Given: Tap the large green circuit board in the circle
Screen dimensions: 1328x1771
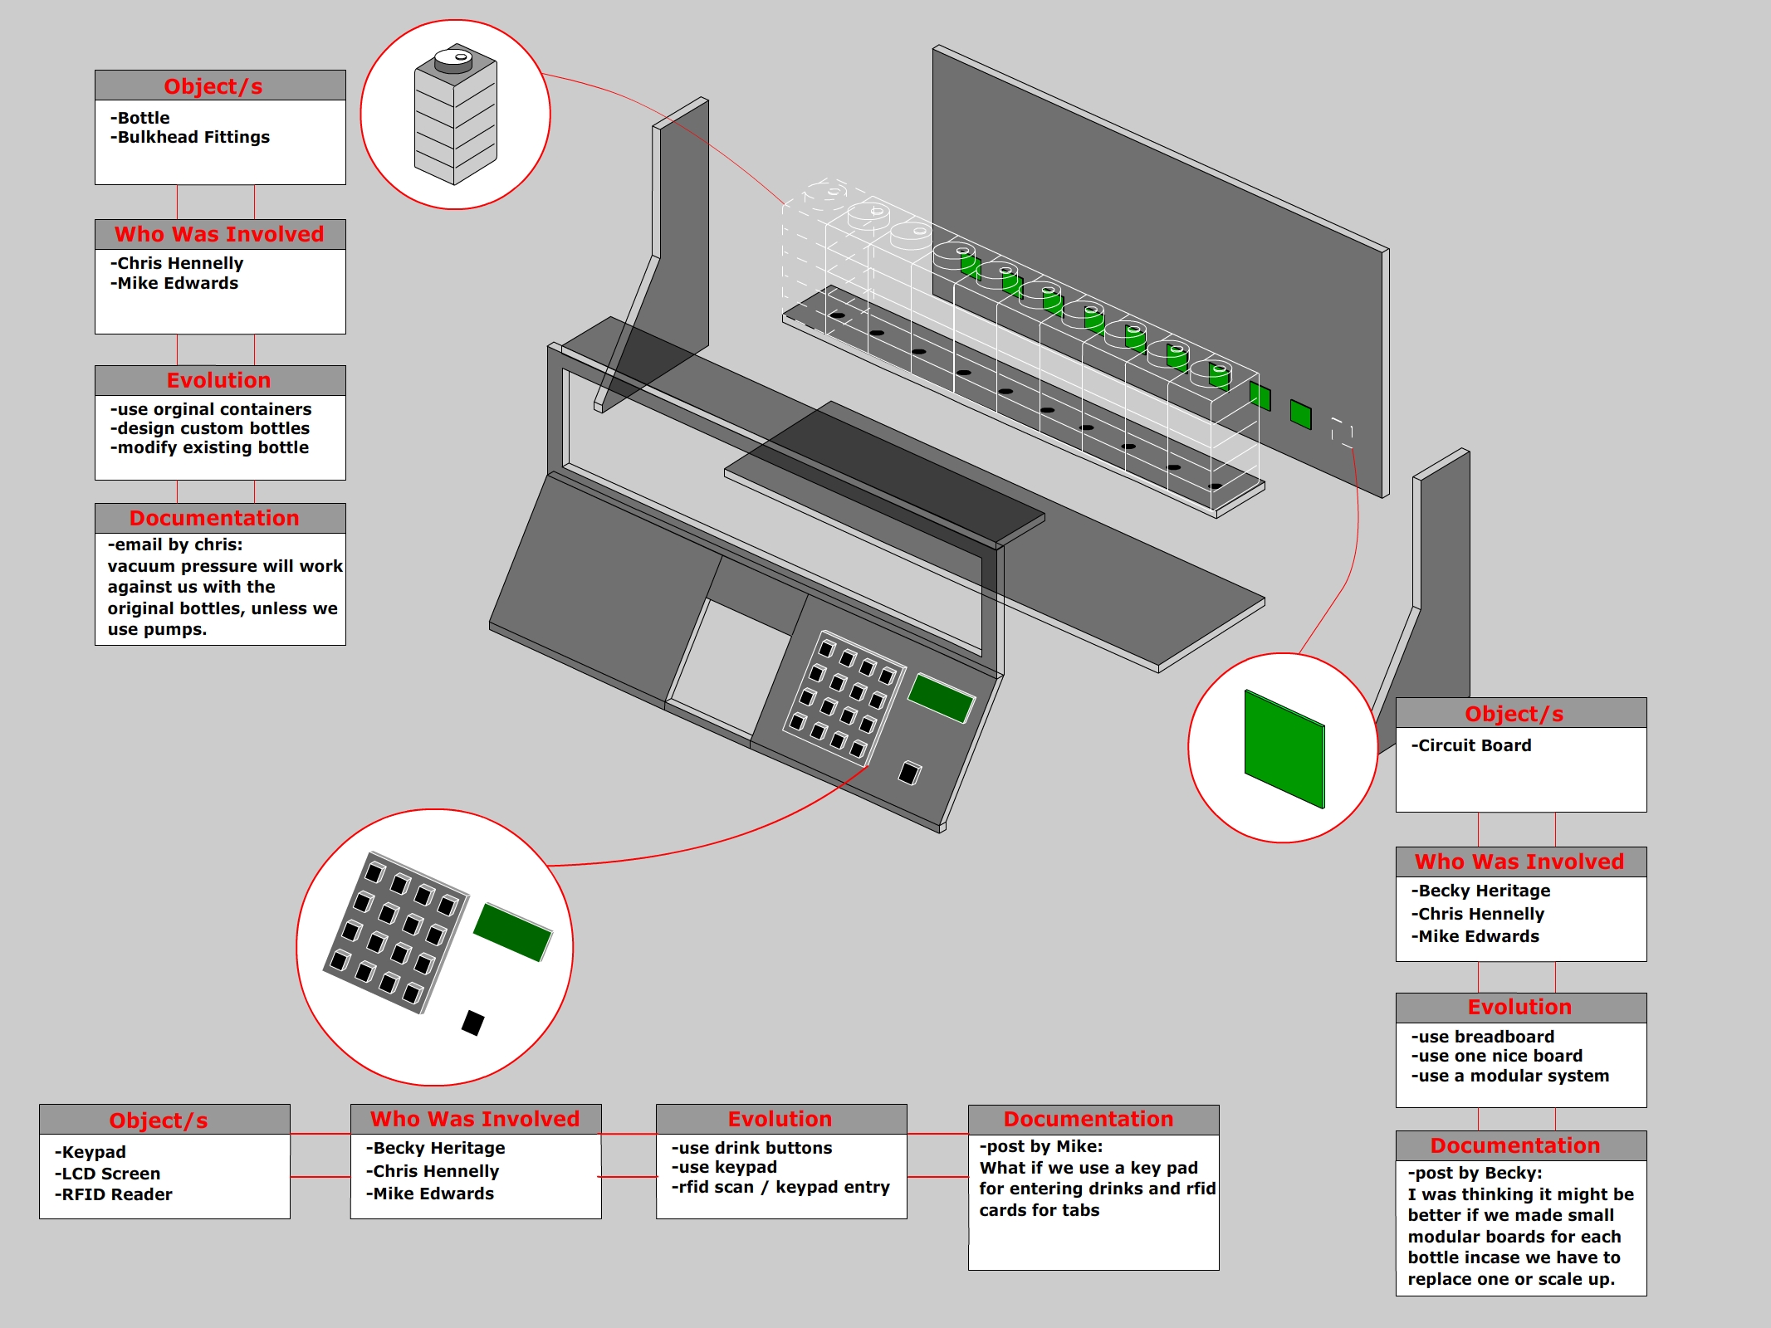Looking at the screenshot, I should [1284, 748].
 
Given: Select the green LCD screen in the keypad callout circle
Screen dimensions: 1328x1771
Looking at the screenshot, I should [512, 931].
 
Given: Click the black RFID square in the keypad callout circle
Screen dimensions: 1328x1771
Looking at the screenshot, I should [472, 1023].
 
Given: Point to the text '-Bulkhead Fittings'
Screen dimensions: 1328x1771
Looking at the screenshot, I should [190, 137].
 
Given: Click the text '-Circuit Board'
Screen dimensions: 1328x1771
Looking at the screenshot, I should [1471, 745].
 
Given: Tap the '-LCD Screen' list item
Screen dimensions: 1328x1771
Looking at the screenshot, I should [108, 1174].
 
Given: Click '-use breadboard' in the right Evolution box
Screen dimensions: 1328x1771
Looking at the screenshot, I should [1483, 1037].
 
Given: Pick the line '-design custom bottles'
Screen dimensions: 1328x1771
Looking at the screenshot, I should [210, 428].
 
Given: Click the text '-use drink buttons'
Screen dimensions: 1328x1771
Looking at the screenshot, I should [752, 1148].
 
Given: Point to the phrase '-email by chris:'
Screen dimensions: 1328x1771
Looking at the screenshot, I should [175, 544].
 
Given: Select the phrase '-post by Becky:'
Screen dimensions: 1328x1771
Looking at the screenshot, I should [1475, 1173].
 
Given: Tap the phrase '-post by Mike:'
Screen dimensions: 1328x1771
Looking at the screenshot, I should [1041, 1146].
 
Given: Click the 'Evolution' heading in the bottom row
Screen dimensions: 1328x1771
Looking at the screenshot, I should [780, 1119].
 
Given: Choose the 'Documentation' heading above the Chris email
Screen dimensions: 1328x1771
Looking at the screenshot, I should [214, 518].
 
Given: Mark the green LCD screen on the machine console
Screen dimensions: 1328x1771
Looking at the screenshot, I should [941, 697].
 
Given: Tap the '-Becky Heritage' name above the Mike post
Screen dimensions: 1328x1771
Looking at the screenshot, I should [436, 1148].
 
